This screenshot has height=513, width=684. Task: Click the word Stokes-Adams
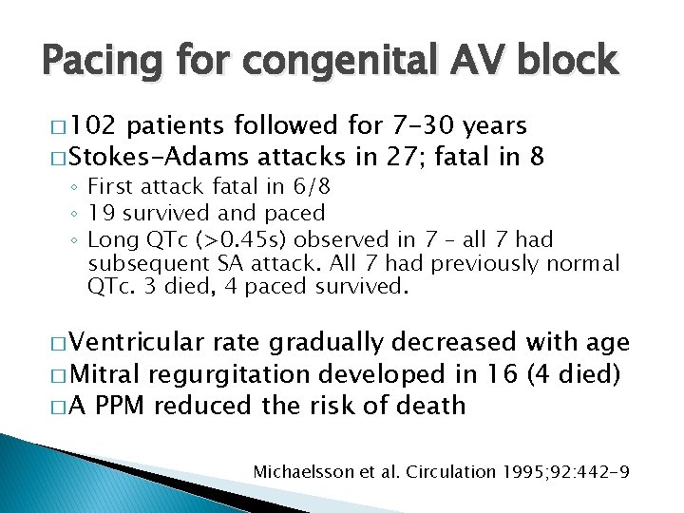click(150, 156)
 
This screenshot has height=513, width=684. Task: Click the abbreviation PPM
click(122, 406)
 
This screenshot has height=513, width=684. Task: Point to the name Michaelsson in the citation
click(301, 470)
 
